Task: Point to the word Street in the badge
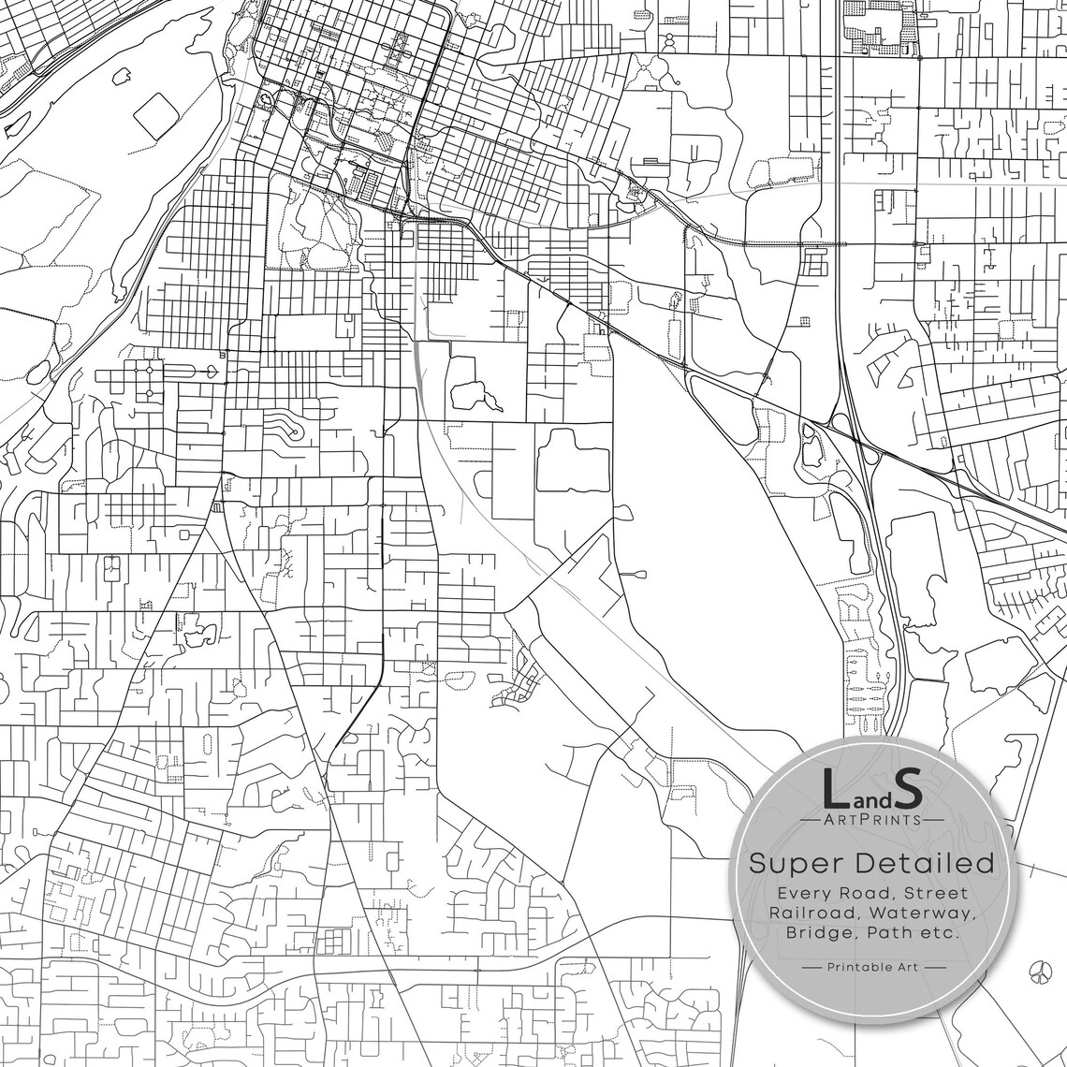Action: tap(936, 894)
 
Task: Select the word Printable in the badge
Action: tap(860, 967)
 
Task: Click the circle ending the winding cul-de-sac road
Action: tap(296, 431)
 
